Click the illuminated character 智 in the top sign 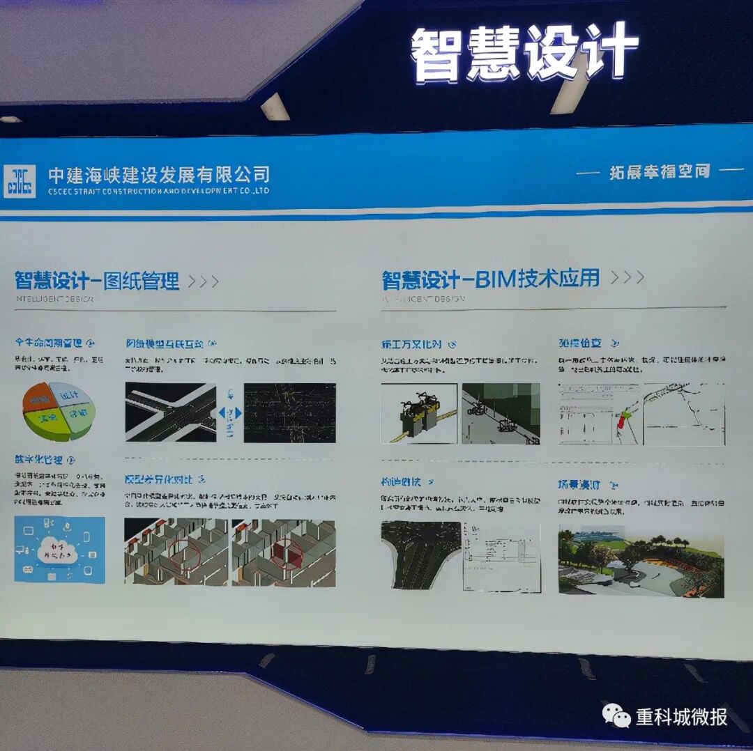(x=440, y=56)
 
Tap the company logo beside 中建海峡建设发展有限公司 (x=20, y=181)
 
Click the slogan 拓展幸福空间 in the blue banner (x=660, y=172)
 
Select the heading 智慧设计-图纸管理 (x=97, y=281)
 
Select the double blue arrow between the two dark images (x=230, y=413)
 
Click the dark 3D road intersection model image (x=171, y=412)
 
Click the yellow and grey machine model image (x=419, y=414)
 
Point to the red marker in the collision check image (x=621, y=421)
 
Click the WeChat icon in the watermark (x=616, y=715)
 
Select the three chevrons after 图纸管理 (x=204, y=281)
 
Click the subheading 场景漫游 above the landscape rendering (x=579, y=484)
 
